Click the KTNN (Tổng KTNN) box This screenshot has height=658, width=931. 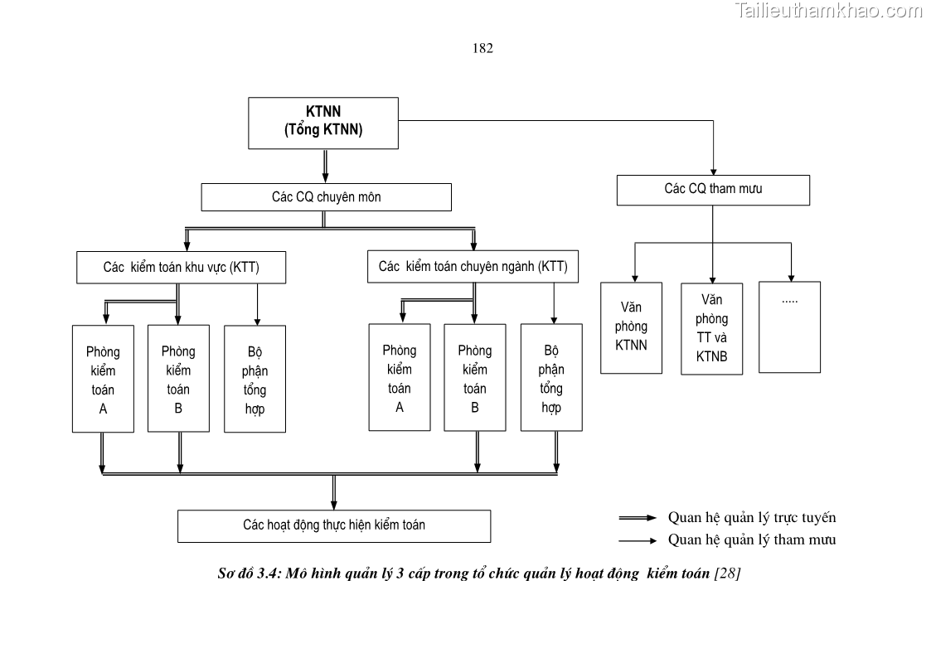pos(323,123)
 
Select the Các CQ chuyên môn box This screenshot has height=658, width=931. pos(326,197)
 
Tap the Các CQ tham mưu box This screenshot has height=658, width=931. pos(713,190)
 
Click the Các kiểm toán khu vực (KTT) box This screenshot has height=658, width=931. pos(181,268)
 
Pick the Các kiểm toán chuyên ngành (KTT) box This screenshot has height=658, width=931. pos(473,267)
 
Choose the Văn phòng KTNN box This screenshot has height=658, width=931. pos(631,327)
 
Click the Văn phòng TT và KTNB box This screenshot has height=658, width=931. pos(711,328)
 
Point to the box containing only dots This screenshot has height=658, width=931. pos(789,327)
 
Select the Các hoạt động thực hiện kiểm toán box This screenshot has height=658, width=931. pos(333,525)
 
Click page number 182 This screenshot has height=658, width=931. pos(482,48)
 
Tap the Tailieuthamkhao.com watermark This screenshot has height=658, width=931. pos(828,11)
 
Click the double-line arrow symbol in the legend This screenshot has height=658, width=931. pos(638,518)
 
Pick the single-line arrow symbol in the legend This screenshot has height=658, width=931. pos(638,540)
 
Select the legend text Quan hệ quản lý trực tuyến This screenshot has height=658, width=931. pos(752,518)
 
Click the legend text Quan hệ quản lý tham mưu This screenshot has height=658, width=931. pos(752,540)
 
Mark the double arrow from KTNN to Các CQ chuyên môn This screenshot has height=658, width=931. pos(325,166)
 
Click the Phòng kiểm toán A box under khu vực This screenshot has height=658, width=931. pos(103,379)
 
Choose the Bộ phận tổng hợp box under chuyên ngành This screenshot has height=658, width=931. pos(551,378)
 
